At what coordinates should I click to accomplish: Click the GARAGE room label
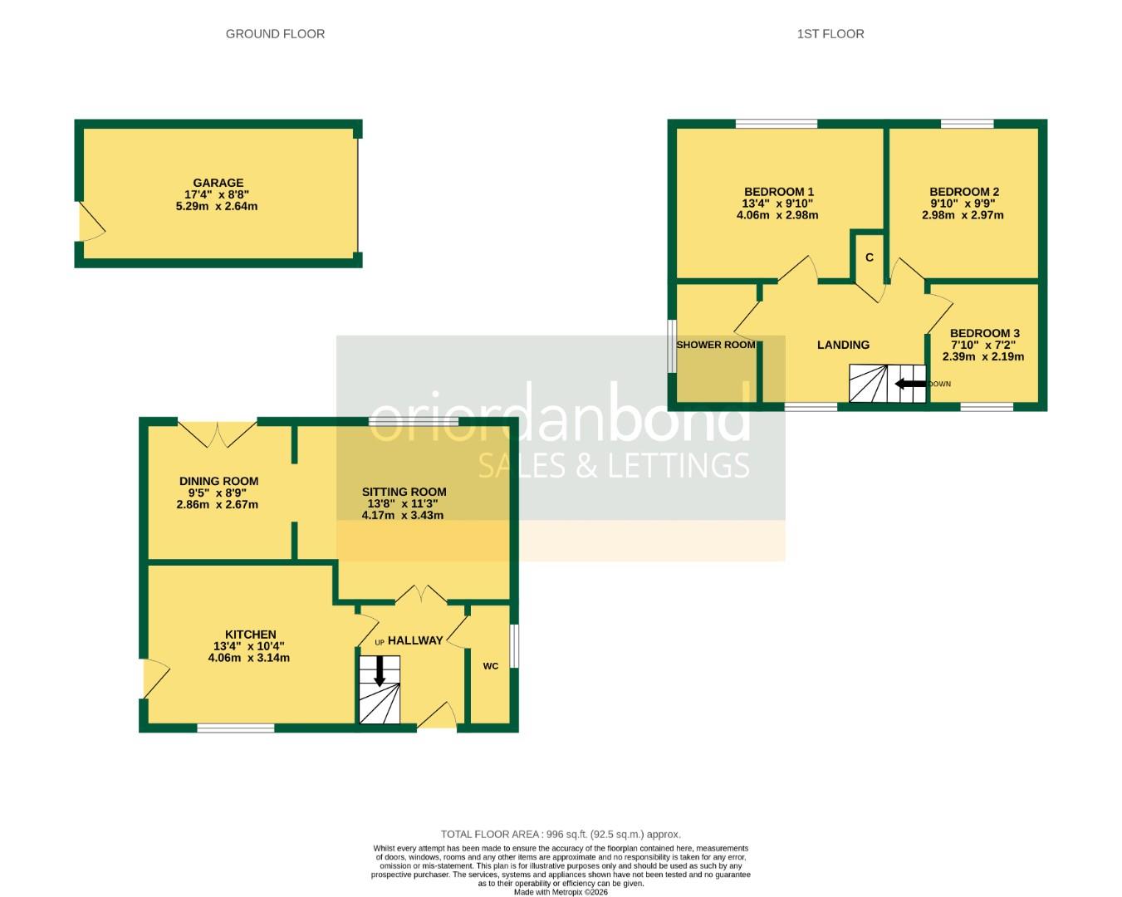(x=218, y=183)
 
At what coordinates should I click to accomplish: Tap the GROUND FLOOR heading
(x=275, y=34)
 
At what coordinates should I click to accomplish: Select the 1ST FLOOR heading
(x=830, y=34)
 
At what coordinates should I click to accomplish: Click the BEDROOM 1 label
(x=778, y=192)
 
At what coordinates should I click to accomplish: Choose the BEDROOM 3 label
(x=984, y=333)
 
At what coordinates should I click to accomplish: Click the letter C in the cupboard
(x=870, y=257)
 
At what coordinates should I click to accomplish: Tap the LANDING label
(x=843, y=345)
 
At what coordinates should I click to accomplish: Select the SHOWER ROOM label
(x=715, y=345)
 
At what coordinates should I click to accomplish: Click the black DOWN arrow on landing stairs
(x=910, y=384)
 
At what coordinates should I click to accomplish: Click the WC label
(x=491, y=666)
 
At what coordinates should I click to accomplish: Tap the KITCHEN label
(x=250, y=635)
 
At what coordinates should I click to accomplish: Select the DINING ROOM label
(x=218, y=481)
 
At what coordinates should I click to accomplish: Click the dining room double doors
(x=218, y=432)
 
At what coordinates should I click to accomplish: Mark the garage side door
(x=90, y=222)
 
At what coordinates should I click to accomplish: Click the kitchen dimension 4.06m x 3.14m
(x=248, y=658)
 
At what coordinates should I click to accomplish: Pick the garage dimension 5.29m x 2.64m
(x=217, y=206)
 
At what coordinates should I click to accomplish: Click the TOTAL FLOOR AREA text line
(x=561, y=834)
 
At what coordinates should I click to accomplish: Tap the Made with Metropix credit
(x=561, y=892)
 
